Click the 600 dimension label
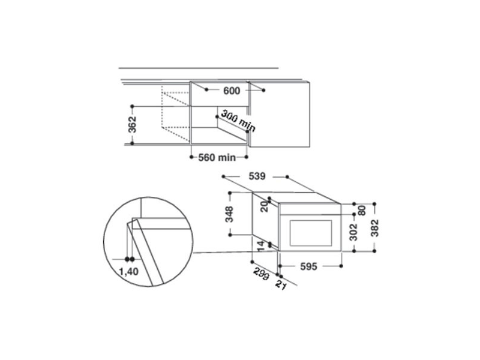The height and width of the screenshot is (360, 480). [x=231, y=91]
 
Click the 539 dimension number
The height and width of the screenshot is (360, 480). [x=256, y=177]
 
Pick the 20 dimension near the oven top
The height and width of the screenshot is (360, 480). [x=264, y=206]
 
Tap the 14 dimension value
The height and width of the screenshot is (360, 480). [x=260, y=245]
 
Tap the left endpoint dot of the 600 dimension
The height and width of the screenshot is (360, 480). [x=206, y=90]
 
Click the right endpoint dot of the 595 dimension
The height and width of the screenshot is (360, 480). [x=341, y=263]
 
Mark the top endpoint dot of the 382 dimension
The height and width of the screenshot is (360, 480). [x=374, y=204]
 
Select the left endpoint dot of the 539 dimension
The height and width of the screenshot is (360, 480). [x=223, y=177]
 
